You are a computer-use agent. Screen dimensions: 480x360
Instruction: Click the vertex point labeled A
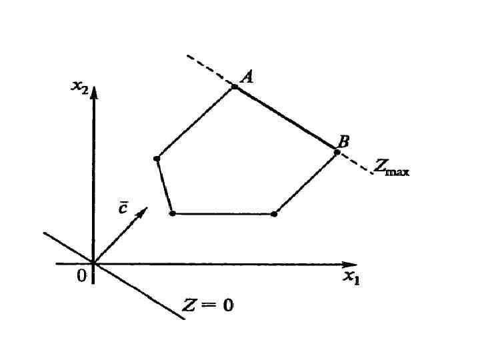(235, 87)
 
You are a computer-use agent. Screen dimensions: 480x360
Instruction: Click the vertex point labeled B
(337, 152)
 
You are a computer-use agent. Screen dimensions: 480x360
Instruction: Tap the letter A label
(246, 77)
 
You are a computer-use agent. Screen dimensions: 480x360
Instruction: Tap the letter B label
(343, 141)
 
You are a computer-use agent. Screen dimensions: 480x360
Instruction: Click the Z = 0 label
(208, 306)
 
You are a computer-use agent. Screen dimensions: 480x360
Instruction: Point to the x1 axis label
(351, 277)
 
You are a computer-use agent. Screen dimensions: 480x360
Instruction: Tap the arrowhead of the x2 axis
(94, 91)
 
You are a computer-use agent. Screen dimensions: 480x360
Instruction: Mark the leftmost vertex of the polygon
(157, 159)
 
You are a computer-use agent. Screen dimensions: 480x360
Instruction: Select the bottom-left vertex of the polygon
(173, 213)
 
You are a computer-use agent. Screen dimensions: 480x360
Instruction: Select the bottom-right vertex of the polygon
(274, 214)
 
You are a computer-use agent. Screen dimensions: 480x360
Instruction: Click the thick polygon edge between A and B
(286, 119)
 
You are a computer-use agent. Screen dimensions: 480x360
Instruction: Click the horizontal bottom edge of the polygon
(223, 214)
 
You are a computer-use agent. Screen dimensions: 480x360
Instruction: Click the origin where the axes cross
(94, 264)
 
